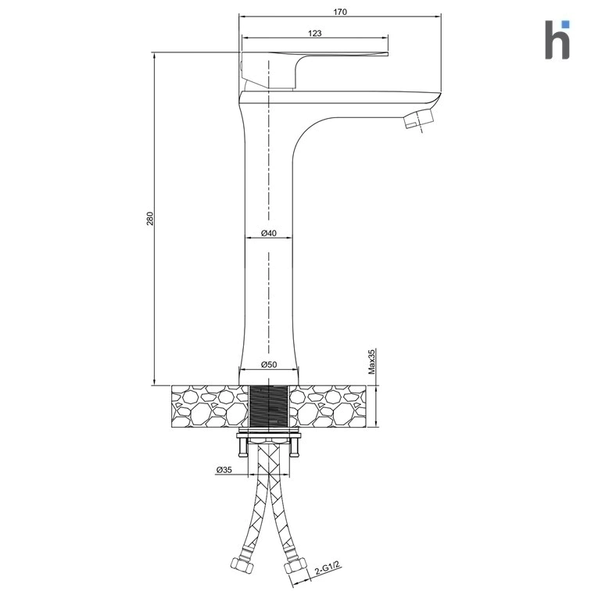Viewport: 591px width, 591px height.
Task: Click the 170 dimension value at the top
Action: pos(339,12)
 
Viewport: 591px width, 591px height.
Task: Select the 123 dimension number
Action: pos(315,33)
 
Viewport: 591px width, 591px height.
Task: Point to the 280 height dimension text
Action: pos(150,219)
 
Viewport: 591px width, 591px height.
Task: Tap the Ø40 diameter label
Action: pos(269,233)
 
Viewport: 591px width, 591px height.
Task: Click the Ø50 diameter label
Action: pos(269,364)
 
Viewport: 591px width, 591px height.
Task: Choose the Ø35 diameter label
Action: pos(224,470)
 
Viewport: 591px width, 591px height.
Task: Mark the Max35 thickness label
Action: pos(371,361)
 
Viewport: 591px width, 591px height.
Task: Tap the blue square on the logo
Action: pos(565,24)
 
